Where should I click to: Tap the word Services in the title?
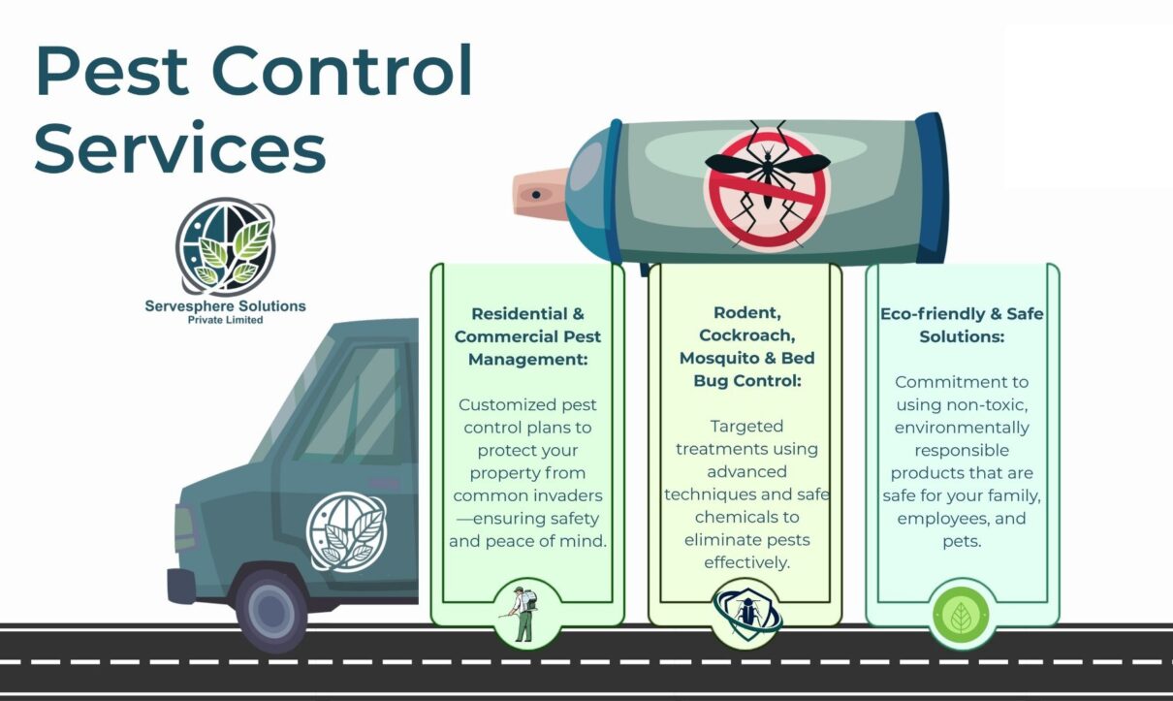180,147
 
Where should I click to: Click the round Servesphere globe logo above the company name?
225,246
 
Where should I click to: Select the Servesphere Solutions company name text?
225,306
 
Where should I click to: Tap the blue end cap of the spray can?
931,189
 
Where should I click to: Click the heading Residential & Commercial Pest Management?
527,336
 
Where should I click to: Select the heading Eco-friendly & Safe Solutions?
962,326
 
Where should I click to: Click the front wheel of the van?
273,610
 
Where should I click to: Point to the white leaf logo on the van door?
346,531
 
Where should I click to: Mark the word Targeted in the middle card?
746,426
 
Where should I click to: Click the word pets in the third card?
962,541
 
